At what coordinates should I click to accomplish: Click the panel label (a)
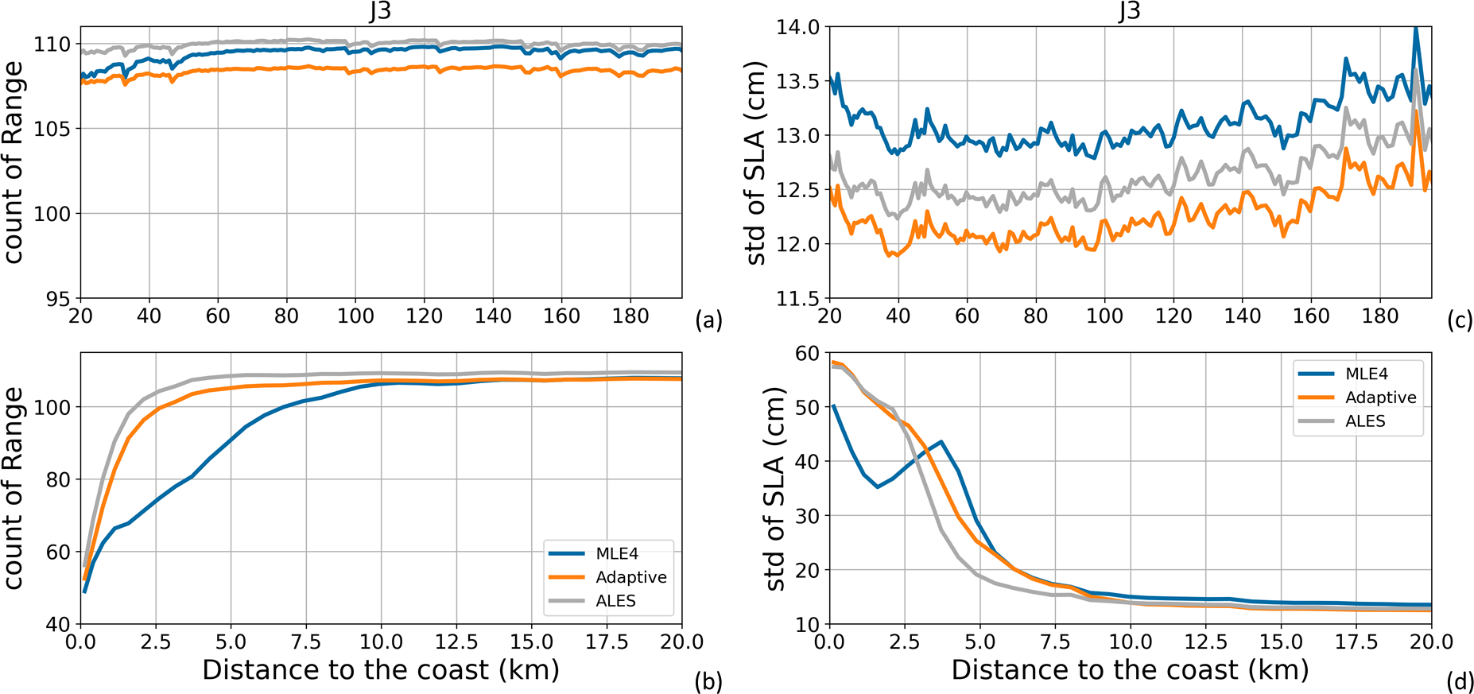708,321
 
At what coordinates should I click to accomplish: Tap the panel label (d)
1459,681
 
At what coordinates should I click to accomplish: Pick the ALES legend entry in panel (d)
1364,421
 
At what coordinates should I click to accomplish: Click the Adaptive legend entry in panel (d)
1380,397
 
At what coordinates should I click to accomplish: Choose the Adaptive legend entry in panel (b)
630,577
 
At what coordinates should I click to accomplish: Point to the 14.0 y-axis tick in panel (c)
797,28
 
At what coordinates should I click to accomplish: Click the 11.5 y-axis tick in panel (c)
797,299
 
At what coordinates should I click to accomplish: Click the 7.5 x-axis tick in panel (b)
305,642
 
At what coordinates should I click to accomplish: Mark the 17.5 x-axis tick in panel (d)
1356,642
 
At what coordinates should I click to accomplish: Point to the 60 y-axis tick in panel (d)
807,353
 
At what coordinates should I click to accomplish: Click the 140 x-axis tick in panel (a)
493,316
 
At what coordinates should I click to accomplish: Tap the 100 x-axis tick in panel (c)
1104,316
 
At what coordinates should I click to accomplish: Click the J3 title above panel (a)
381,11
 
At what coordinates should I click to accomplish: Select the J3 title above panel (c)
1130,11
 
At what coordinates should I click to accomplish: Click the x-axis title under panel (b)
381,670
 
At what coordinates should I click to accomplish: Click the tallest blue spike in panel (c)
1415,29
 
